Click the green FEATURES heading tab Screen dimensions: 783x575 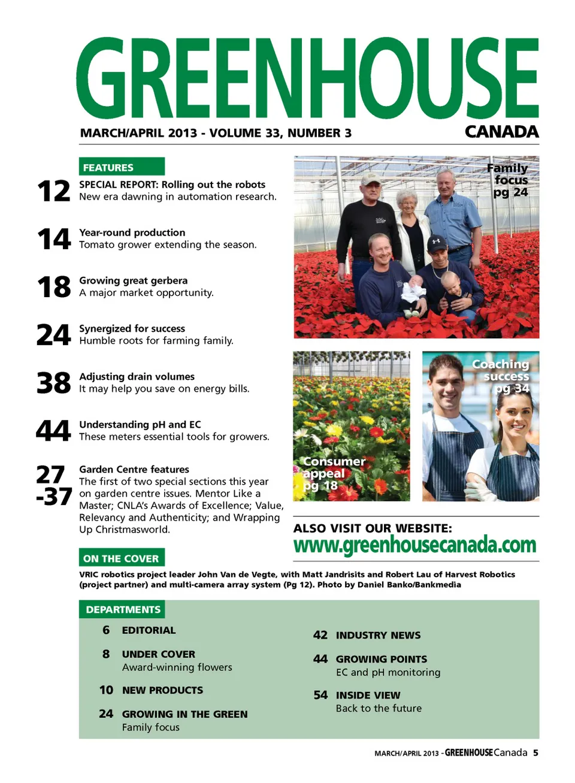coord(121,167)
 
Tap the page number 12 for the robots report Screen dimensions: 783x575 coord(53,191)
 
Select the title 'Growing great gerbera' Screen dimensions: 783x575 coord(133,280)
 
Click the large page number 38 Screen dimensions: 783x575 coord(53,383)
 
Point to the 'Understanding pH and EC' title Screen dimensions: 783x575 coord(140,424)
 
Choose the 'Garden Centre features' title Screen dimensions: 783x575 coord(134,469)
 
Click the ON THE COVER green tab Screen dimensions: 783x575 coord(121,558)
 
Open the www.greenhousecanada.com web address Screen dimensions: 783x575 coord(414,545)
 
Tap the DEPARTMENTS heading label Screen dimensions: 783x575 coord(123,609)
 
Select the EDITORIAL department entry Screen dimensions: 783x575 coord(149,630)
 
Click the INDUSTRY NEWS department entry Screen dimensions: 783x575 coord(378,635)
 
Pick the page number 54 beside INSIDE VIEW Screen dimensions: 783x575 coord(320,695)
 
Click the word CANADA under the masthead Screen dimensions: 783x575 coord(501,132)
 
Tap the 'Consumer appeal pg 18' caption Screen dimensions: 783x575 coord(332,473)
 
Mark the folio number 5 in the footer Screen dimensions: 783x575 coord(535,752)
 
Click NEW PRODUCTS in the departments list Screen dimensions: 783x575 coord(162,690)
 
